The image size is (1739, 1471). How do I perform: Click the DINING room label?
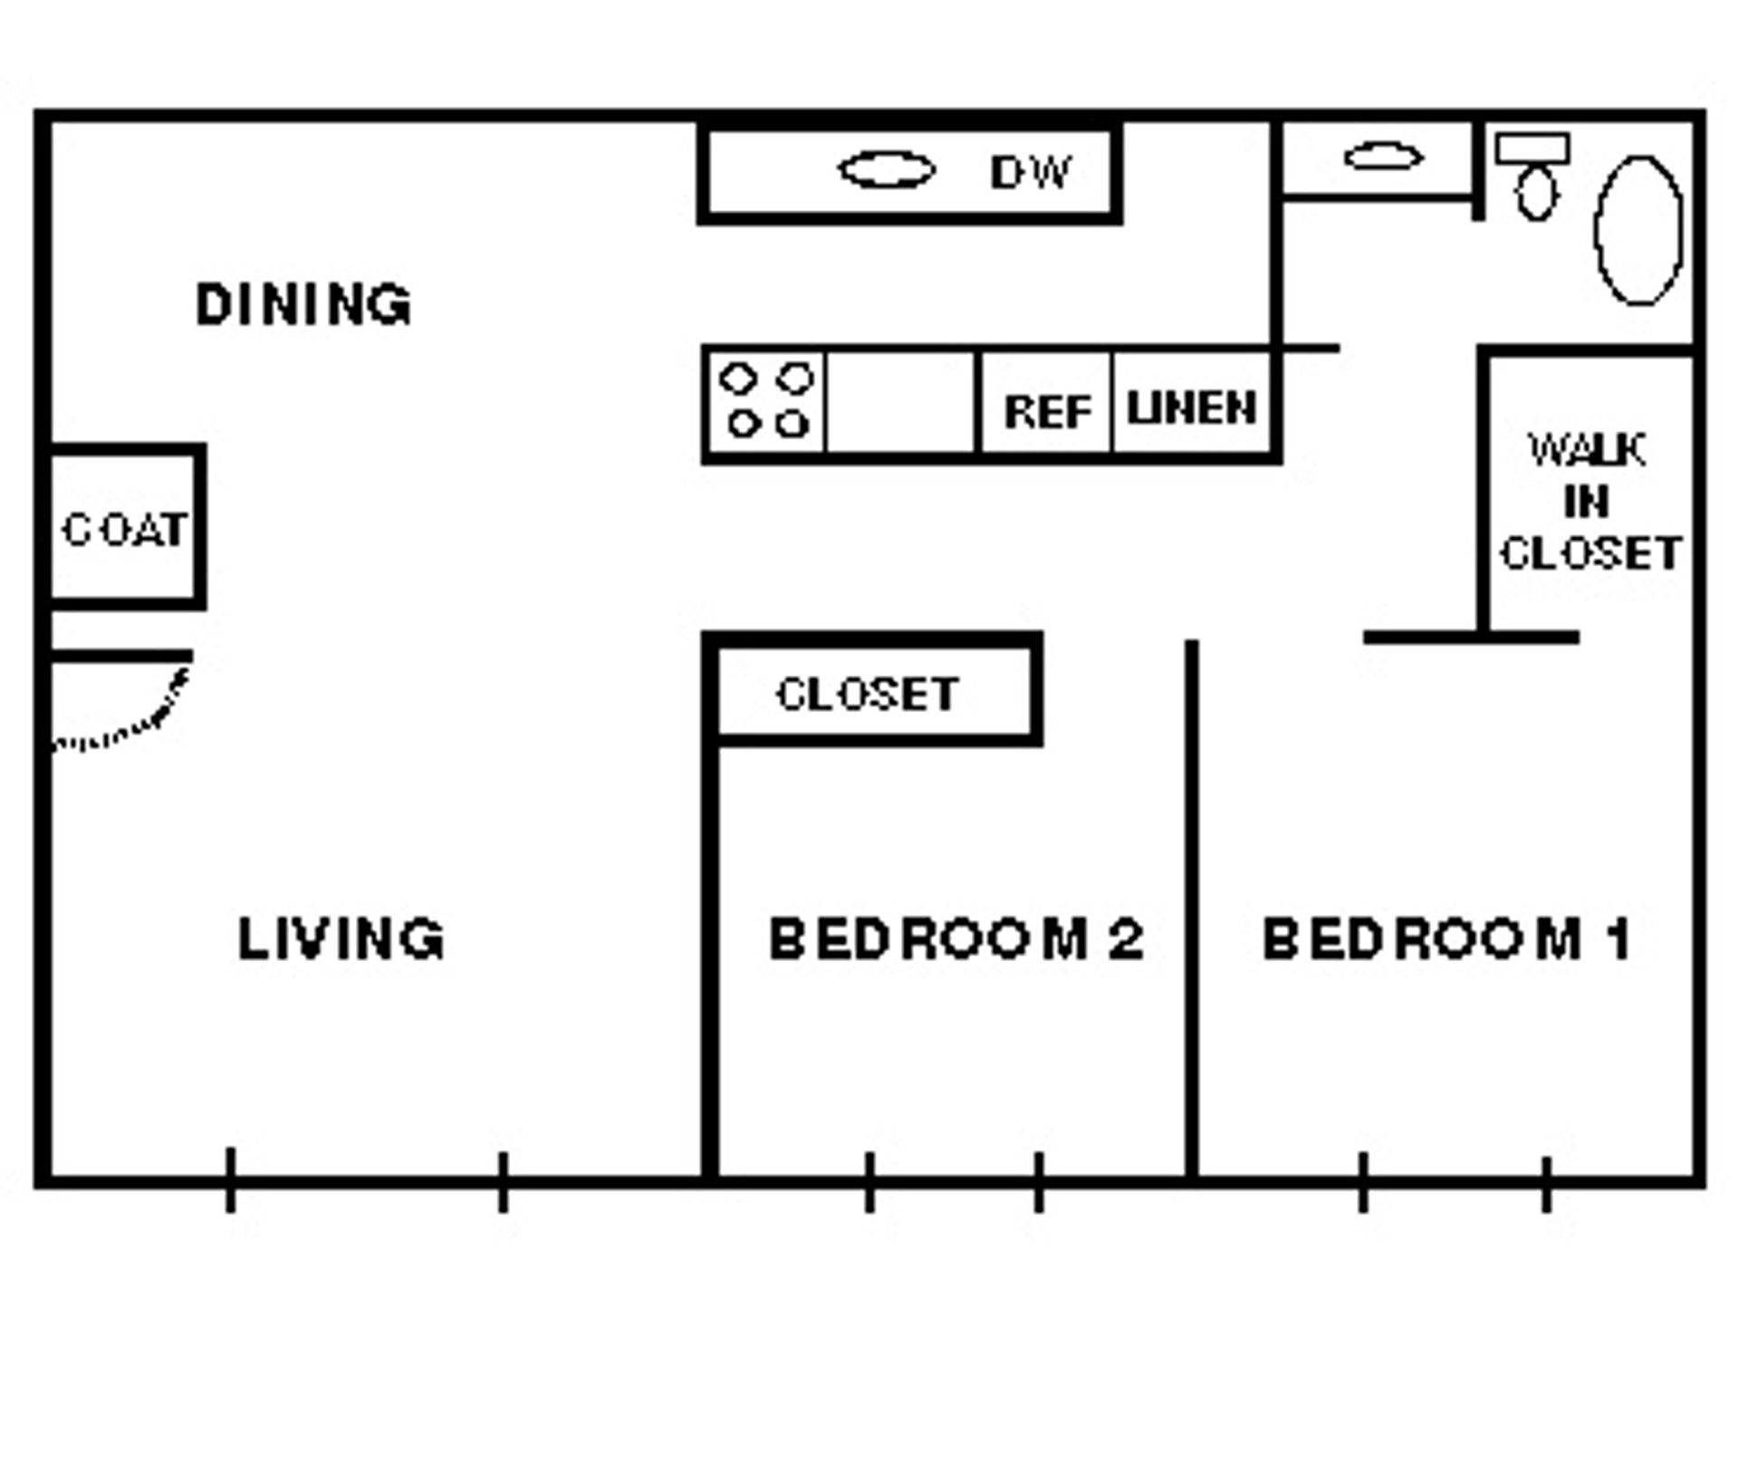pyautogui.click(x=303, y=304)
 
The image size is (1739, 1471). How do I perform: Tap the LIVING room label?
pyautogui.click(x=341, y=938)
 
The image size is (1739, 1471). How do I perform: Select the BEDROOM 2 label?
pyautogui.click(x=956, y=938)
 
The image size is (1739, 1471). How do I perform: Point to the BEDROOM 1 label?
pyautogui.click(x=1446, y=938)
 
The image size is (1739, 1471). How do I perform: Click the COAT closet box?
pyautogui.click(x=124, y=529)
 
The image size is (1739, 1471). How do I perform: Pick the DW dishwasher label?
pyautogui.click(x=1030, y=172)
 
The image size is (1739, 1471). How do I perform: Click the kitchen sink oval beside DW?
pyautogui.click(x=886, y=170)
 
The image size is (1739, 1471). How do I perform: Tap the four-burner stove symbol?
pyautogui.click(x=766, y=401)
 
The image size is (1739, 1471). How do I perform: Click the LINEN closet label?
pyautogui.click(x=1191, y=408)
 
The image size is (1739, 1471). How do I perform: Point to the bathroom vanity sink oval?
pyautogui.click(x=1383, y=157)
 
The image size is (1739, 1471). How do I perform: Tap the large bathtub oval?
pyautogui.click(x=1638, y=231)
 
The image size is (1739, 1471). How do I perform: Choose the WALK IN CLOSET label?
pyautogui.click(x=1590, y=502)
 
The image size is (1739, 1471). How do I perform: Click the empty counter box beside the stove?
pyautogui.click(x=901, y=401)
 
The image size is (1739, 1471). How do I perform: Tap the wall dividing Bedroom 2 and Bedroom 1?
pyautogui.click(x=1192, y=906)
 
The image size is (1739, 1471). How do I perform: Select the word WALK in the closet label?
pyautogui.click(x=1587, y=450)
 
